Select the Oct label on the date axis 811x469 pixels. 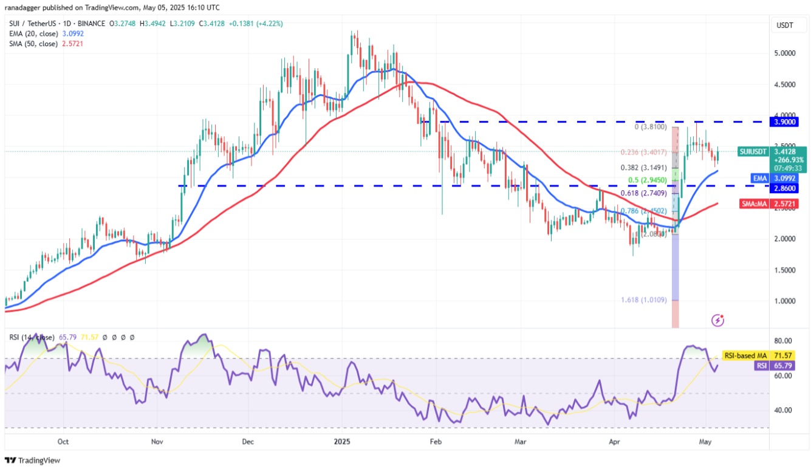tap(63, 442)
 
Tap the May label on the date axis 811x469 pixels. tap(705, 442)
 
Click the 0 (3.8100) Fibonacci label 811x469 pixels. tap(650, 127)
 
